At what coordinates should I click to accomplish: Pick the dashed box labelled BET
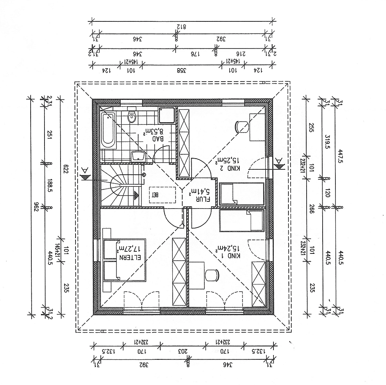tap(162, 195)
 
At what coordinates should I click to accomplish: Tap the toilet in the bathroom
tap(132, 115)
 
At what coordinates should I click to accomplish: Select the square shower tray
tap(167, 115)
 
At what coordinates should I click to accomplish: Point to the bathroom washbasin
tap(138, 156)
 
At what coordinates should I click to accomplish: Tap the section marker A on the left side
tap(85, 174)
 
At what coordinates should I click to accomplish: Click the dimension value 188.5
tap(49, 185)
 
